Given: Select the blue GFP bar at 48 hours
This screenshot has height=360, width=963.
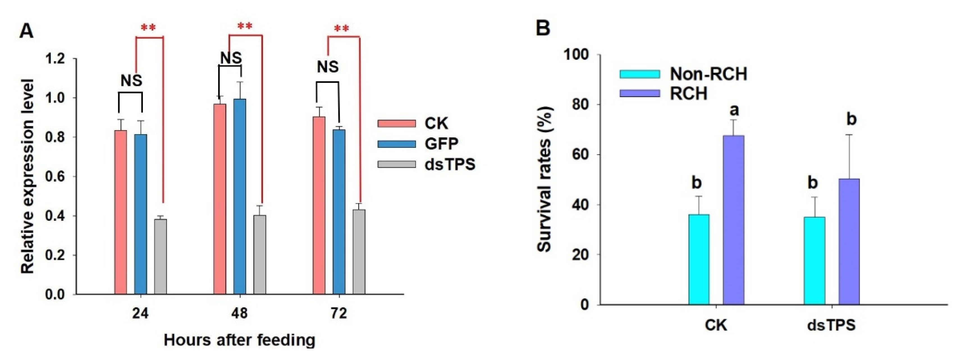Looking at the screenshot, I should point(240,196).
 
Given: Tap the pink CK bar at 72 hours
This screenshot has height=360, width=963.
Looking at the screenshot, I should point(319,205).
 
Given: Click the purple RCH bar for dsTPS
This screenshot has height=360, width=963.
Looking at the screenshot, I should point(849,241).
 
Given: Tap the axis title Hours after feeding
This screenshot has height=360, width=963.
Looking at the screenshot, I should point(239,340).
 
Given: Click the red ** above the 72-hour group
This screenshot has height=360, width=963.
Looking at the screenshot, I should point(342,29).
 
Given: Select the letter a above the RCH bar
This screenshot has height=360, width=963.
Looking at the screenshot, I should point(734,110).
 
